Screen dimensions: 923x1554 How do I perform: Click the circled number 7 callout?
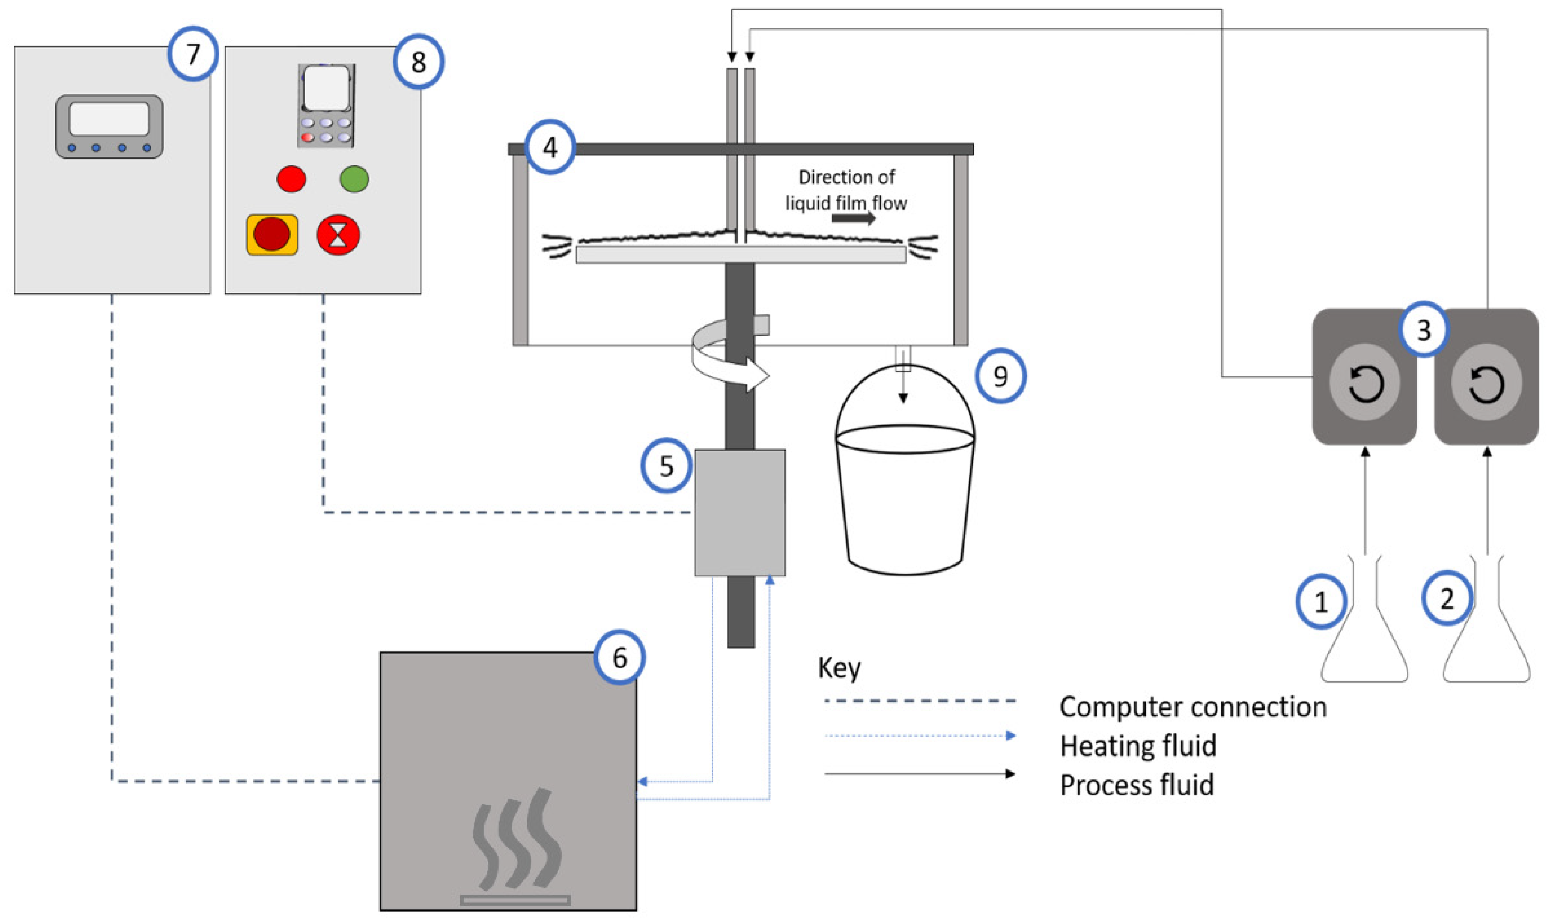tap(193, 54)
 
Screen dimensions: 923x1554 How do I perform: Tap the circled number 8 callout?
tap(419, 62)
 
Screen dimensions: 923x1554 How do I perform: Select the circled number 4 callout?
tap(550, 148)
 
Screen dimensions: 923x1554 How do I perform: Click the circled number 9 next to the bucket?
tap(1000, 375)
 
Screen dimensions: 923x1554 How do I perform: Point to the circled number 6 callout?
tap(619, 658)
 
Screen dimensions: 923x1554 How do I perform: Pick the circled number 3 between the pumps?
tap(1424, 330)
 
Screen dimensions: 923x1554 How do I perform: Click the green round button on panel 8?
tap(355, 179)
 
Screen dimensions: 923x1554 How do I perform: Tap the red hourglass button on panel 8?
tap(338, 235)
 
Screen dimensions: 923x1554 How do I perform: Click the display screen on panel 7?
tap(110, 119)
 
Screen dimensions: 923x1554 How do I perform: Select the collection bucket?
tap(905, 485)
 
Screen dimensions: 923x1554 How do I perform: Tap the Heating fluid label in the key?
tap(1138, 746)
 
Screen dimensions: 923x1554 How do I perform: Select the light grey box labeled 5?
tap(740, 512)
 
